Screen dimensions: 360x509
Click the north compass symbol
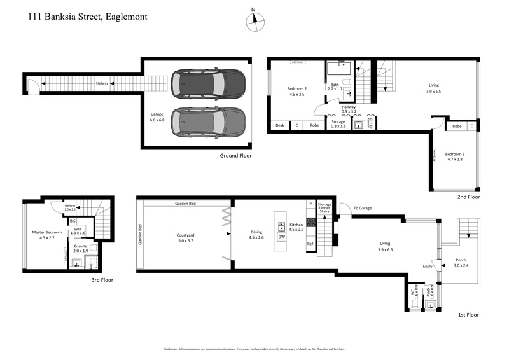coord(254,20)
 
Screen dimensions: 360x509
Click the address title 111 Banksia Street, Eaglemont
coord(88,17)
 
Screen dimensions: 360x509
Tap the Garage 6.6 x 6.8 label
coord(157,117)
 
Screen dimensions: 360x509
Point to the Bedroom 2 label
coord(297,92)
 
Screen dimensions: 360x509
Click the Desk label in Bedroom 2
coord(280,125)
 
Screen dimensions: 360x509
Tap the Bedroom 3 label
coord(456,157)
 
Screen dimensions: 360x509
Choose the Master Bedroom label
coord(47,235)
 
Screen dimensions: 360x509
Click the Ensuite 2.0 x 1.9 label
coord(81,249)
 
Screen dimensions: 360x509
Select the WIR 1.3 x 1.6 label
coord(80,231)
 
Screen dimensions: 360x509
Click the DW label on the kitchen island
coord(281,237)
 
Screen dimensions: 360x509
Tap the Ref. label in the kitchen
coord(310,244)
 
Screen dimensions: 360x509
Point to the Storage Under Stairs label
coord(324,207)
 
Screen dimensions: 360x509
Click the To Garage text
coord(362,208)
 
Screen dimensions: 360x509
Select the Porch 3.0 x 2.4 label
coord(461,263)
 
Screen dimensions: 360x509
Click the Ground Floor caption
coord(237,155)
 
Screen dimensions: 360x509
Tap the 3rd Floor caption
coord(104,279)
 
